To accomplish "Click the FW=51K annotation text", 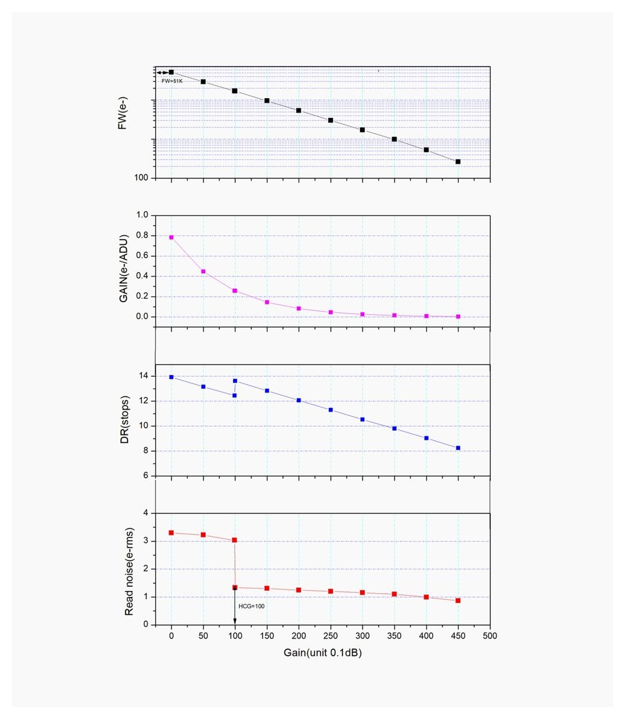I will pyautogui.click(x=171, y=80).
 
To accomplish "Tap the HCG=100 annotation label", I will pyautogui.click(x=251, y=606).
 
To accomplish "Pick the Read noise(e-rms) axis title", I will pyautogui.click(x=129, y=571).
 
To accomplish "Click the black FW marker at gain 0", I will pyautogui.click(x=171, y=72).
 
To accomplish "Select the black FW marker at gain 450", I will pyautogui.click(x=458, y=162).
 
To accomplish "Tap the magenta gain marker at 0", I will pyautogui.click(x=171, y=237).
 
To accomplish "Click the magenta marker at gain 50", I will pyautogui.click(x=203, y=271).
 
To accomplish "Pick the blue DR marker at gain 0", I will pyautogui.click(x=171, y=377).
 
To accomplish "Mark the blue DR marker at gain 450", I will pyautogui.click(x=458, y=448).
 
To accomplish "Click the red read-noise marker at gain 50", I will pyautogui.click(x=203, y=535).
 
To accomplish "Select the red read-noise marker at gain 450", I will pyautogui.click(x=458, y=600).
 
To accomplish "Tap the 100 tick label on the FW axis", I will pyautogui.click(x=141, y=178).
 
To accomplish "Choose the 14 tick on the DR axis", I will pyautogui.click(x=143, y=376).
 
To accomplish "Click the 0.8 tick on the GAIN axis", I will pyautogui.click(x=142, y=236).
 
